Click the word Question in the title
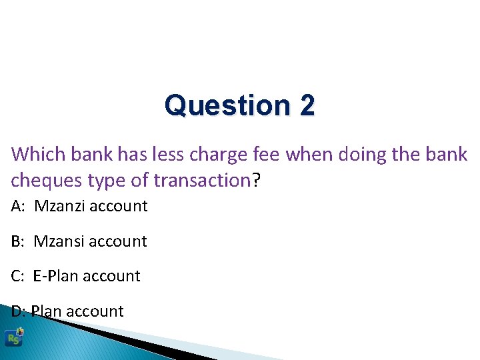coord(223,105)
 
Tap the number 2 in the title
coord(307,105)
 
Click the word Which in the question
coord(36,155)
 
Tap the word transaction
coord(201,180)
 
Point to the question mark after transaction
coord(255,180)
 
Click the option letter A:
coord(19,206)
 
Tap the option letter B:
coord(19,241)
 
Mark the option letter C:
coord(19,276)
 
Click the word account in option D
coord(95,311)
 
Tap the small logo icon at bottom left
coord(13,337)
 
